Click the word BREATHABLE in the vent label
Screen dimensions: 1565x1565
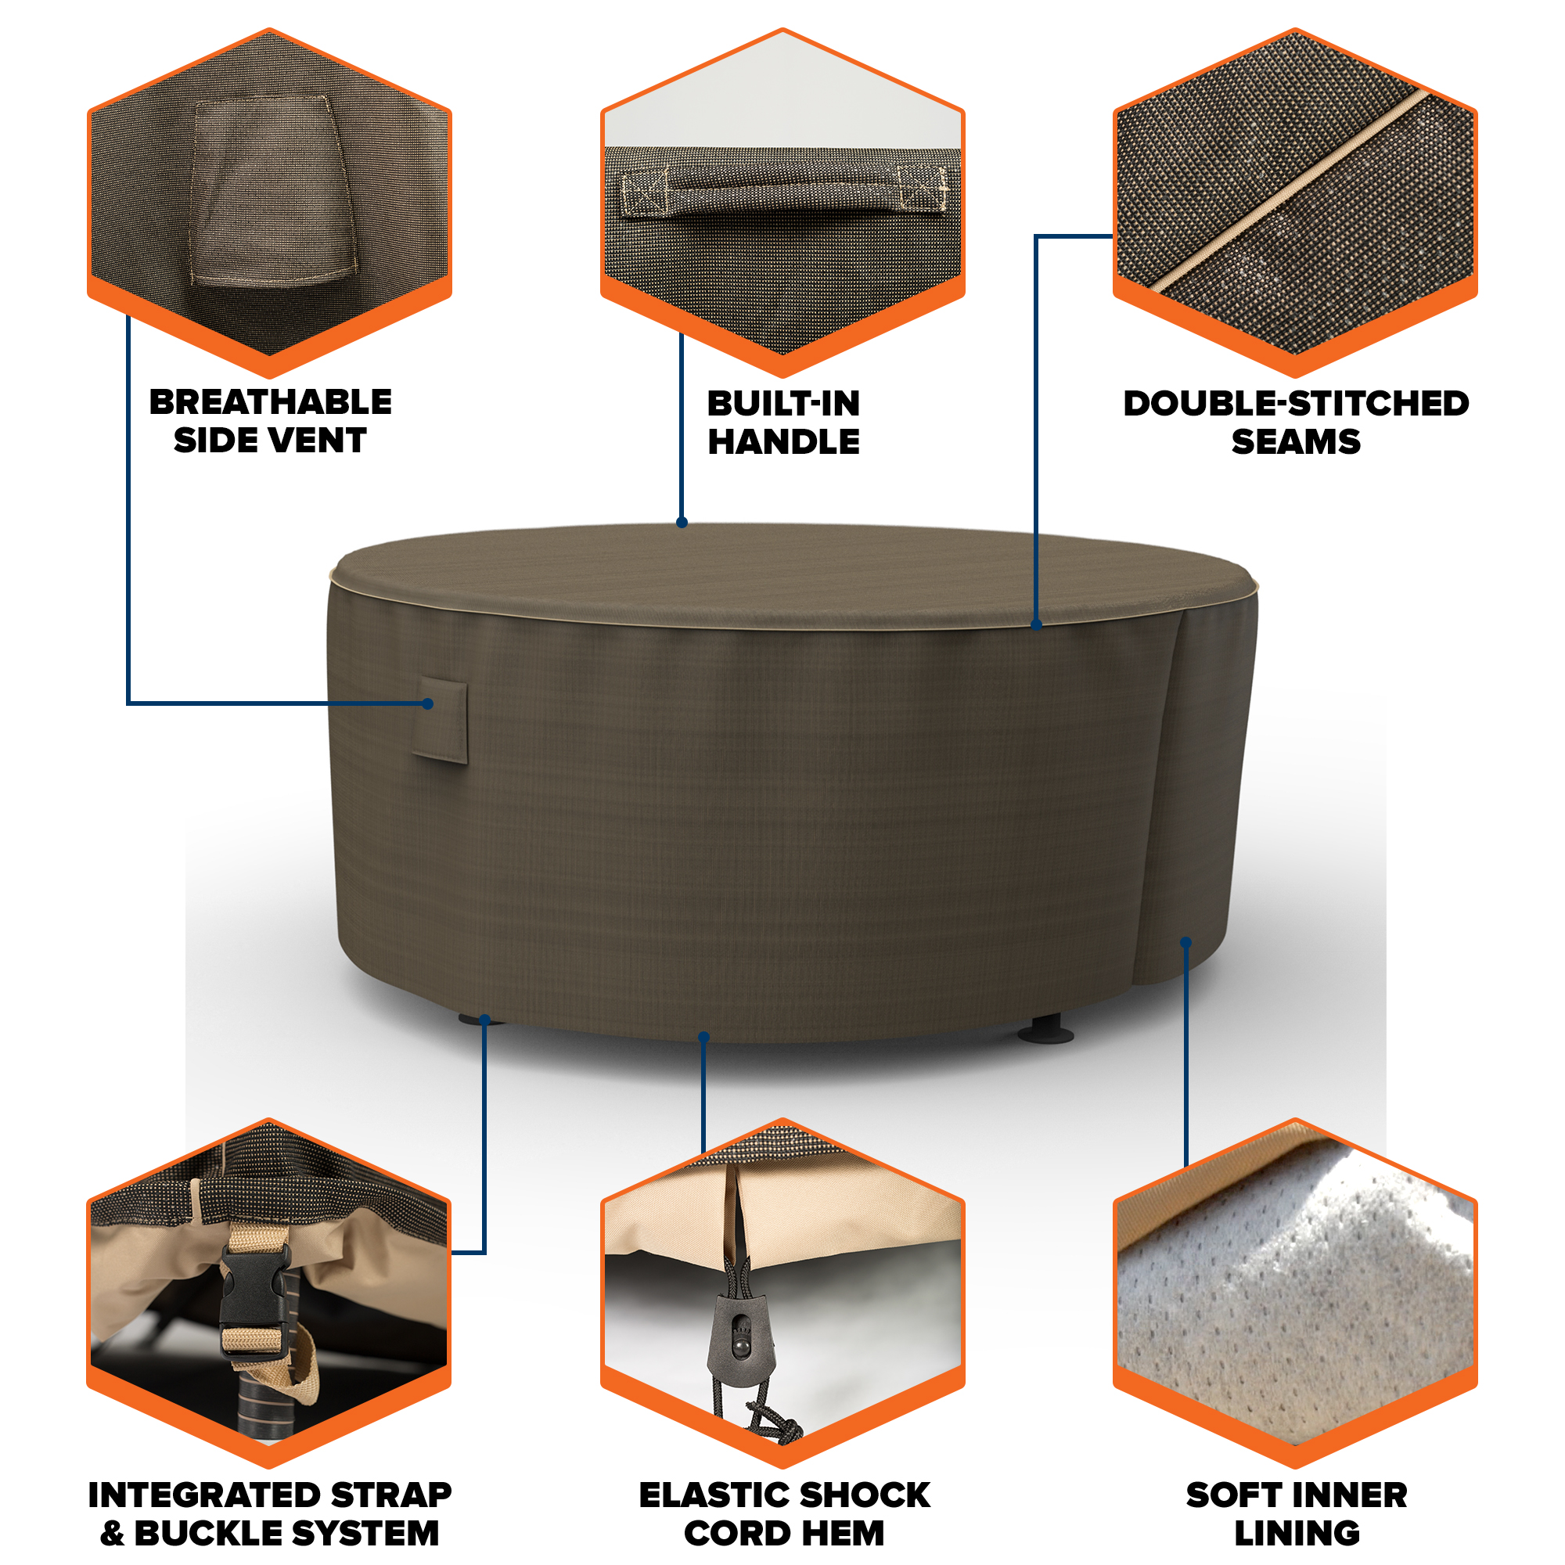(270, 401)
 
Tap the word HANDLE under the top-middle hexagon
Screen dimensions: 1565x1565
(783, 441)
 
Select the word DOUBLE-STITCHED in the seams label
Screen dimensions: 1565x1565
(1295, 404)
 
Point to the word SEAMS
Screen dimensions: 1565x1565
(1295, 441)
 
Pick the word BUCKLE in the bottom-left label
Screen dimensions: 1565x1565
(207, 1533)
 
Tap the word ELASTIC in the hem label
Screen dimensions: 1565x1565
(711, 1495)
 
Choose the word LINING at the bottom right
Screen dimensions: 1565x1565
(1296, 1533)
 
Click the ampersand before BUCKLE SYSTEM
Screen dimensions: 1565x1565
(113, 1533)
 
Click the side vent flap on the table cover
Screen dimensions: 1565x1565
(440, 721)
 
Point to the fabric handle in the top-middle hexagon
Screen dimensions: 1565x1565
(783, 192)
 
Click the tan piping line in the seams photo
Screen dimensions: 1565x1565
(1291, 192)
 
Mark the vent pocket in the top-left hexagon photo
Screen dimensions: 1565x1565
(272, 192)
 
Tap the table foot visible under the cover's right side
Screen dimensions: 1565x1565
(1046, 1030)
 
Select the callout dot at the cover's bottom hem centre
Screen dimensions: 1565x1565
(703, 1038)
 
